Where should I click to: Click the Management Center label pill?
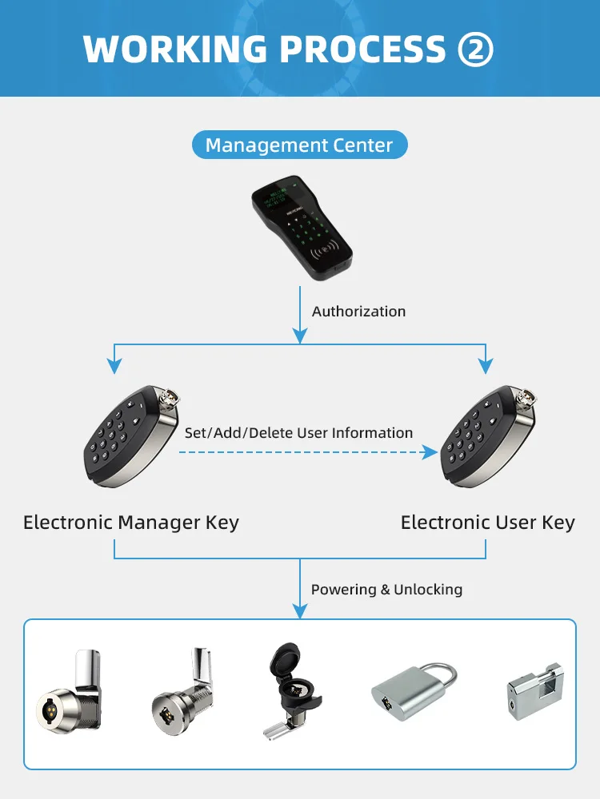[299, 145]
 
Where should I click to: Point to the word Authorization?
[358, 312]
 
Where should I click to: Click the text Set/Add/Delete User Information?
[298, 433]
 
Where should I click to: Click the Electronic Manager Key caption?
[131, 523]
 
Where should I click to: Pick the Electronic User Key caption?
[487, 523]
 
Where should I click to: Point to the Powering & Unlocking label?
[386, 590]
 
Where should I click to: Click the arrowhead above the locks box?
[300, 611]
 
